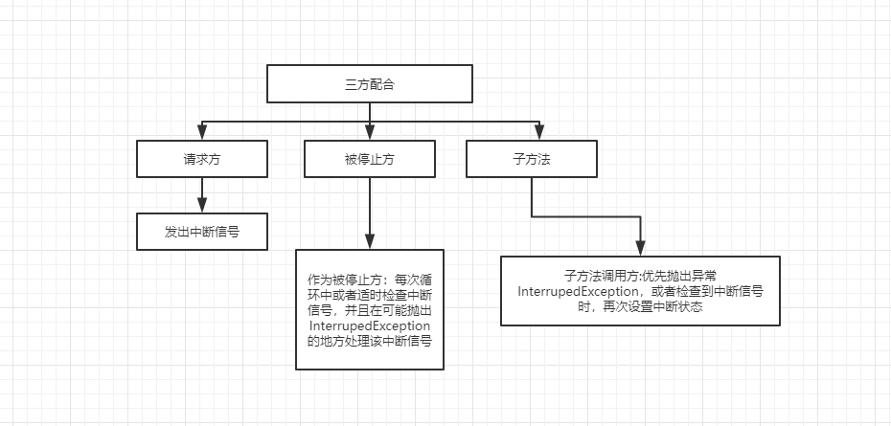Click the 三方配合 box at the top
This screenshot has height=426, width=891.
click(370, 84)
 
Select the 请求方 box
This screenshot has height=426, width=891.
click(200, 159)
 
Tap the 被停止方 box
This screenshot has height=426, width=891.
click(370, 159)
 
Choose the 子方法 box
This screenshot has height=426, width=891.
click(532, 159)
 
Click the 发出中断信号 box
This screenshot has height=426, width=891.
click(200, 231)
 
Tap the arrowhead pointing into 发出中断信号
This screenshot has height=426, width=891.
click(200, 205)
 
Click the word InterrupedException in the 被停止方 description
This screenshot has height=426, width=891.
click(368, 325)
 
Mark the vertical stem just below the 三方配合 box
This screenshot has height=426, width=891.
click(370, 111)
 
